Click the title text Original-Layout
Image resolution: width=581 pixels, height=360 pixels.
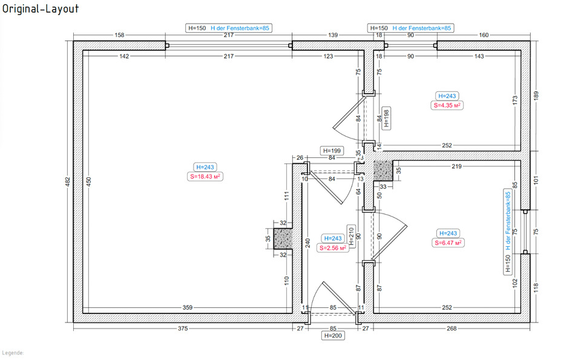coord(40,10)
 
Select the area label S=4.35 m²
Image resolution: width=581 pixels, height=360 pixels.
coord(447,105)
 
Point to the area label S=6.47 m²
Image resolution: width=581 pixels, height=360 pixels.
coord(448,243)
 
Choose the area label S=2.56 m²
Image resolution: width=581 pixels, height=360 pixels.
coord(332,247)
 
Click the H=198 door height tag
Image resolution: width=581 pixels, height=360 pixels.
coord(386,119)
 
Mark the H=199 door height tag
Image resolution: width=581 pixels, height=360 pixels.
coord(332,151)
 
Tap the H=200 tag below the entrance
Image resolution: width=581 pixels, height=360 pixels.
coord(333,335)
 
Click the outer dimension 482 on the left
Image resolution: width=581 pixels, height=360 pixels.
coord(68,181)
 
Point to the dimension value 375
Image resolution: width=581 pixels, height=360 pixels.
coord(183,329)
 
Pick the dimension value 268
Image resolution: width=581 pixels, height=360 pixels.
coord(451,329)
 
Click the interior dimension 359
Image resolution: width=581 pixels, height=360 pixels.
coord(188,308)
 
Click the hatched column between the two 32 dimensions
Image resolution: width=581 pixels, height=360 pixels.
coord(283,238)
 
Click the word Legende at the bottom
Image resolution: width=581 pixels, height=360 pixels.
coord(12,352)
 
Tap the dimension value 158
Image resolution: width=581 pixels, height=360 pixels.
coord(119,35)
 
